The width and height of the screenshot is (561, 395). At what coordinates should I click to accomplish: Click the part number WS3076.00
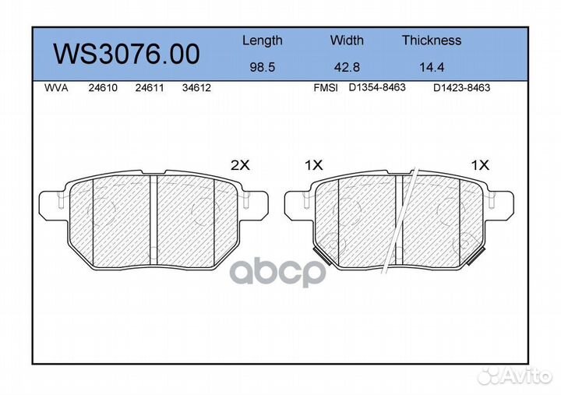coord(126,55)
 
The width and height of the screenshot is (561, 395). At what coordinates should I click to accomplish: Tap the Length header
coord(263,41)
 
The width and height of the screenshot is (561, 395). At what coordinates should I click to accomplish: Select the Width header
coord(347,40)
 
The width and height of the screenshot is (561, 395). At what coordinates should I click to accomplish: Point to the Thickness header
coord(432,40)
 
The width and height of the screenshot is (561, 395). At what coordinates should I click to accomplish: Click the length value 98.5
coord(263,67)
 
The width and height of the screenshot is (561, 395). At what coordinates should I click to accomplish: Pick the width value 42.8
coord(347,67)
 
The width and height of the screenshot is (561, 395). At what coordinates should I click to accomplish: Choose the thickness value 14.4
coord(432,67)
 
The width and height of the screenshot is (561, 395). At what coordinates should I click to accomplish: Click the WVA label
coord(56,88)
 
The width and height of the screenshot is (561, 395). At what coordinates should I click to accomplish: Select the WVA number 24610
coord(103,88)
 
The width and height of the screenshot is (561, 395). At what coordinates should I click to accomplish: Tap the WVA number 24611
coord(150,88)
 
